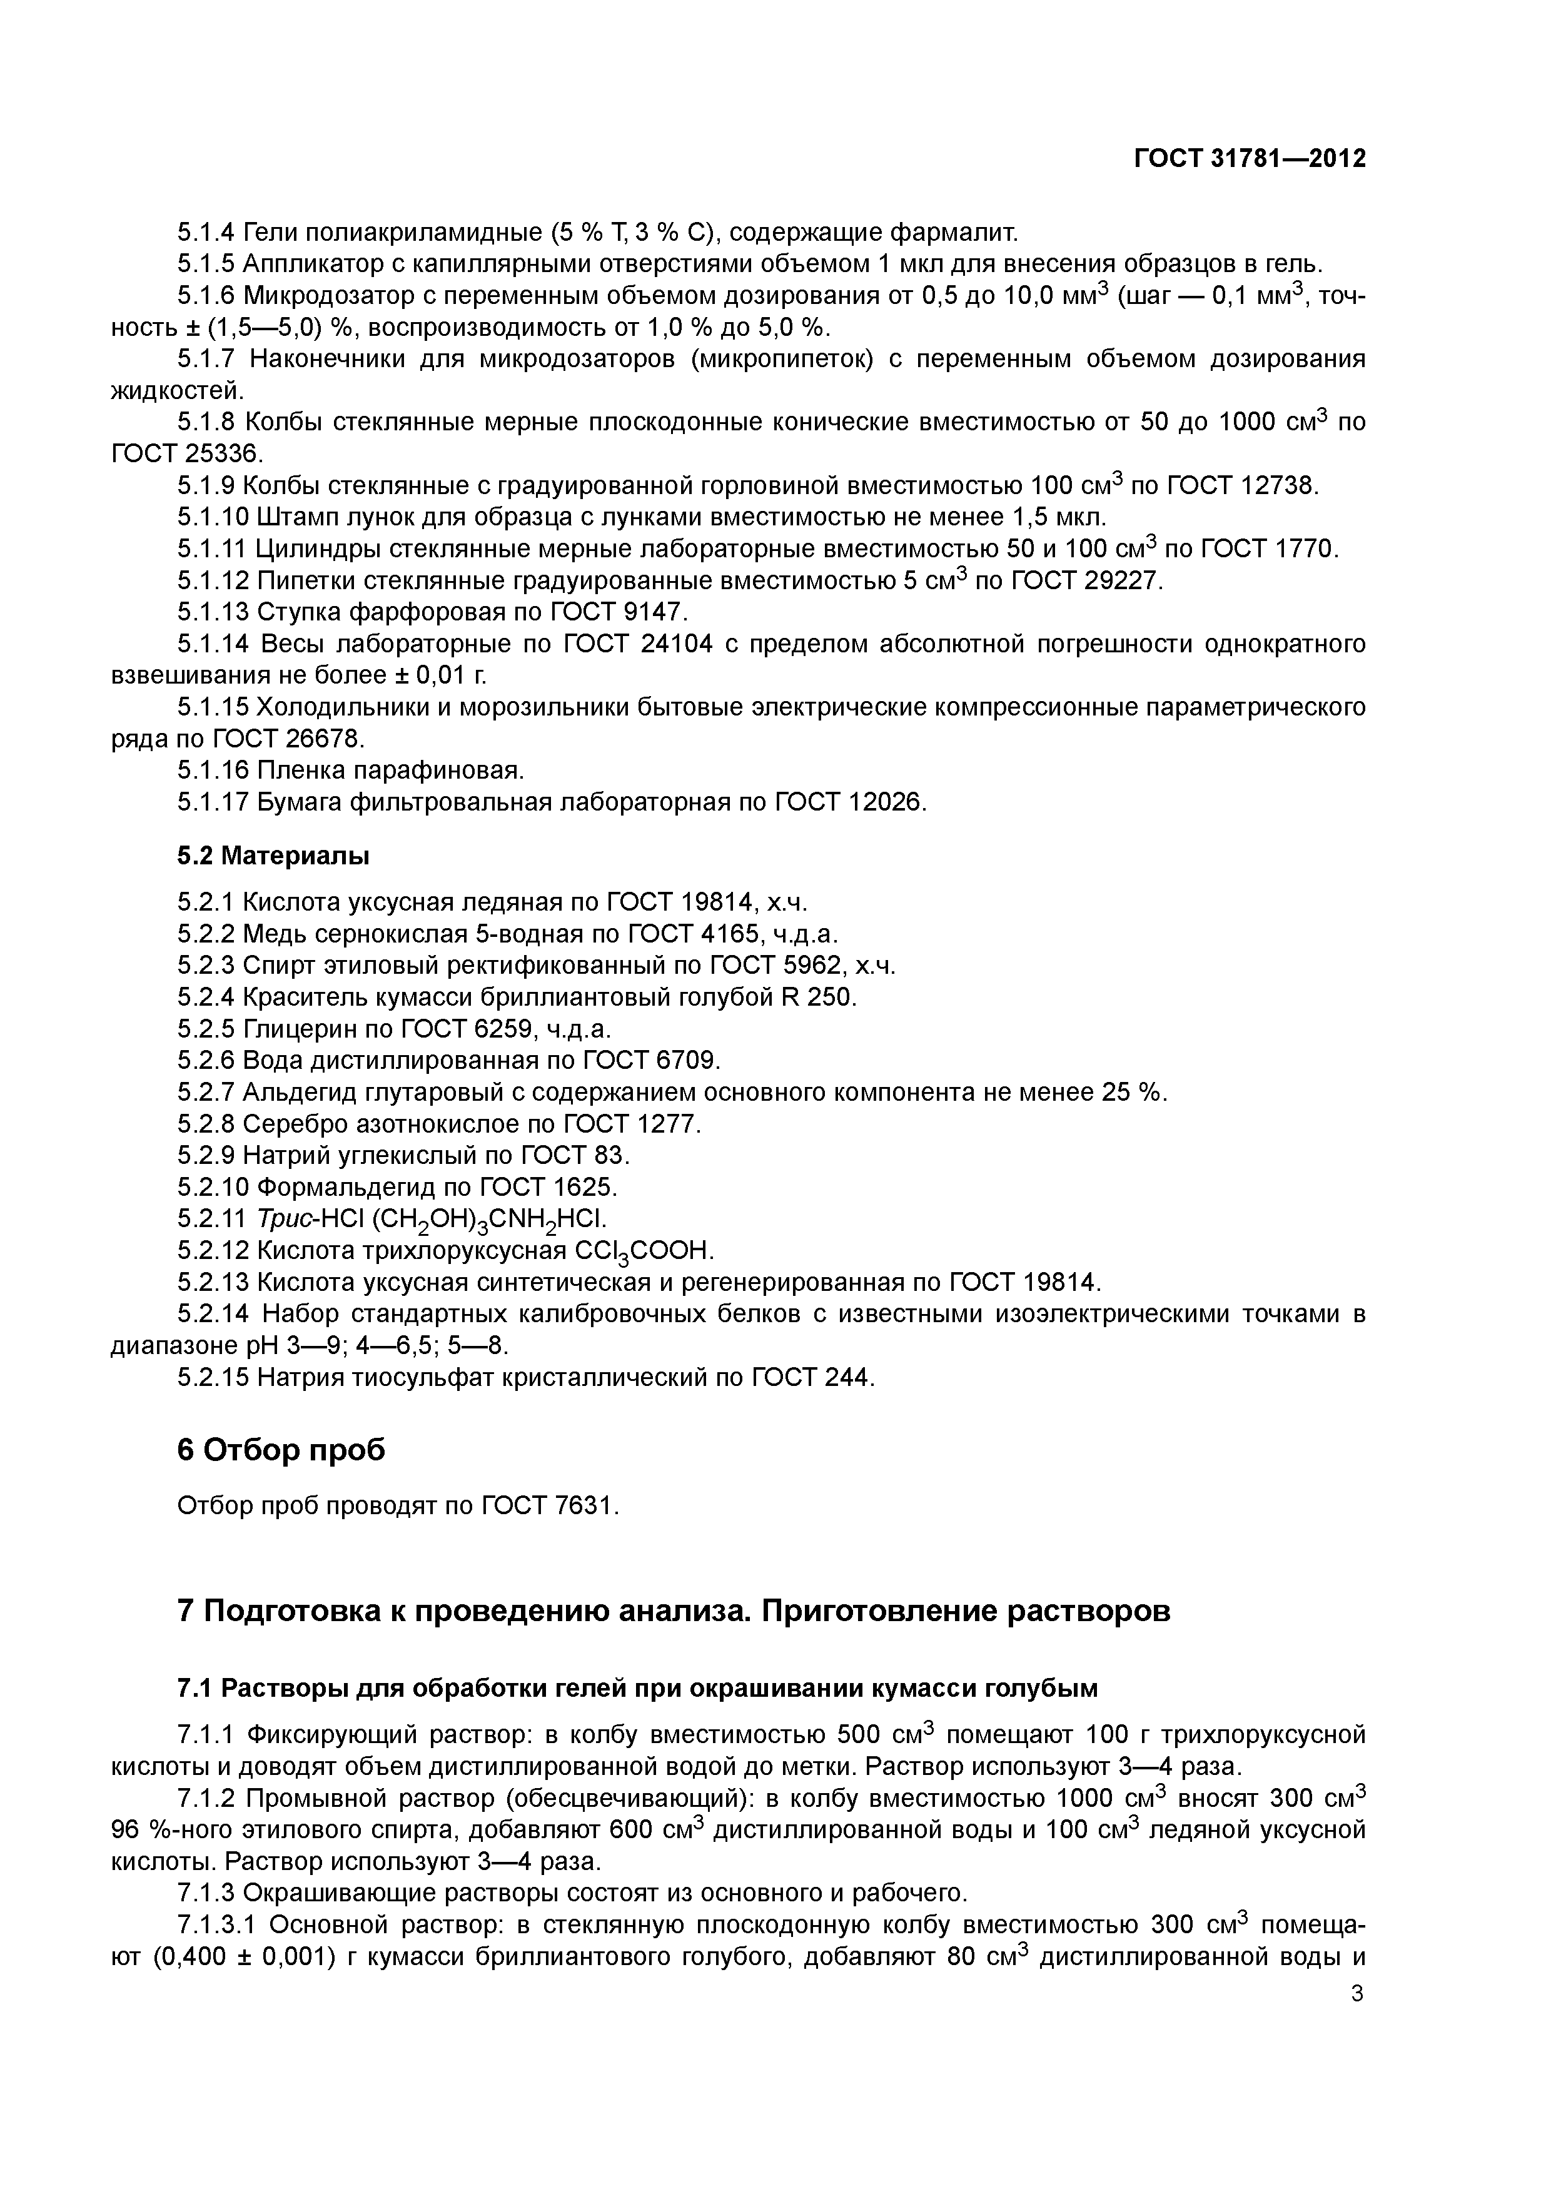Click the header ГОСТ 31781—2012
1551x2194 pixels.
1250,159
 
